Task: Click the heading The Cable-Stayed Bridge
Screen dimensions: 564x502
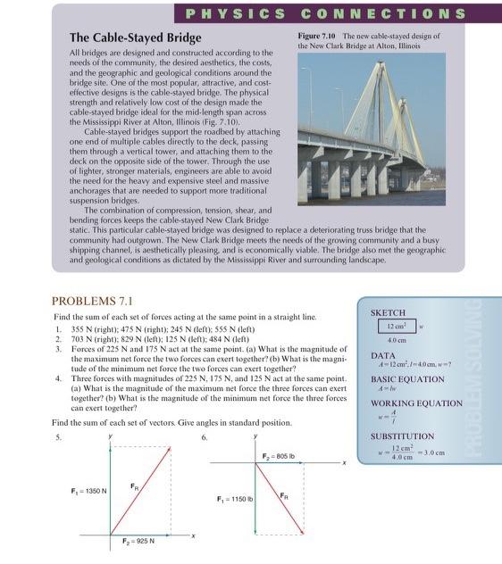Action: (x=135, y=38)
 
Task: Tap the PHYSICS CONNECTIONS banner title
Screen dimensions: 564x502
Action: (x=323, y=13)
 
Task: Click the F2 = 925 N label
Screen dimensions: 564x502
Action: (x=138, y=541)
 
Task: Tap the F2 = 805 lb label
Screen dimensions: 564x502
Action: (x=280, y=455)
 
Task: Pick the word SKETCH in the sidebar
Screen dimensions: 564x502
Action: (x=388, y=313)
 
